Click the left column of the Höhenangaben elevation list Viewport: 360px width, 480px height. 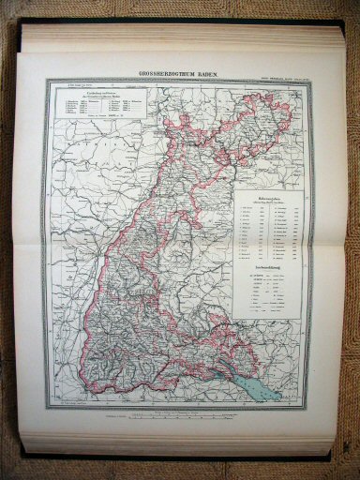[x=251, y=226]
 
